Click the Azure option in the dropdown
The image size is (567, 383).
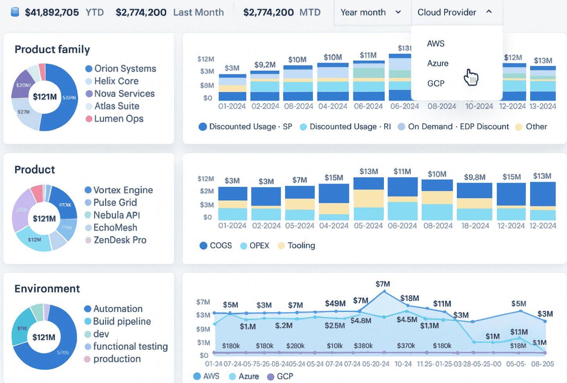coord(438,63)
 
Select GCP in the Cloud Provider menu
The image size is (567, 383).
coord(436,83)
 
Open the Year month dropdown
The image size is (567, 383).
coord(371,13)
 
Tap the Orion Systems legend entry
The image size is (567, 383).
coord(125,69)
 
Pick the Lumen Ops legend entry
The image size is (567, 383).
coord(118,119)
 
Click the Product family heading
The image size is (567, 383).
coord(52,49)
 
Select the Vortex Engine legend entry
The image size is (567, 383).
coord(123,190)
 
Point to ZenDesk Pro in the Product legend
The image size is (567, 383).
coord(120,240)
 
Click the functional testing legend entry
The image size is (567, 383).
coord(130,347)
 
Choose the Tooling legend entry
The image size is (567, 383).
coord(301,246)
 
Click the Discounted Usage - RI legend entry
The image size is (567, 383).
coord(350,127)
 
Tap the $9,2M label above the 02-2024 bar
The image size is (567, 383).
coord(265,64)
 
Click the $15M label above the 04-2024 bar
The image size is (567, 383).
coord(334,178)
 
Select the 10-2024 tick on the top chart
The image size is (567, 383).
coord(479,106)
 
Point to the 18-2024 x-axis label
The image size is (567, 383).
coord(475,226)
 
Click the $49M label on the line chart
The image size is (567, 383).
coord(335,303)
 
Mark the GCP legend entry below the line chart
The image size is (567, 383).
coord(284,376)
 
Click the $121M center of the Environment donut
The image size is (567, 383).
coord(44,337)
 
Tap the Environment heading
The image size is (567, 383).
coord(47,289)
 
